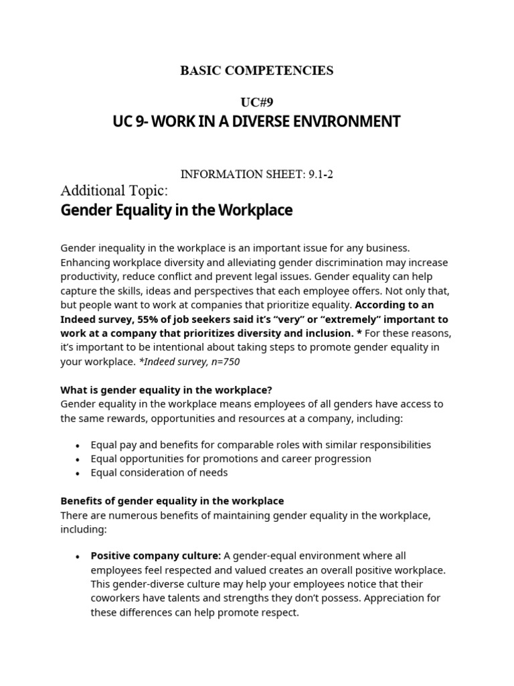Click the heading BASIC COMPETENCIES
[x=256, y=70]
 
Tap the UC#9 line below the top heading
[x=257, y=102]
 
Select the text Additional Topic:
[x=110, y=190]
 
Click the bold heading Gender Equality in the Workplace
[x=177, y=210]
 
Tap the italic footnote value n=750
[x=222, y=361]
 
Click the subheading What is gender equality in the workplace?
[x=166, y=390]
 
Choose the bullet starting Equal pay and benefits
[x=261, y=445]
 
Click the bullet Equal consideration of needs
[x=159, y=472]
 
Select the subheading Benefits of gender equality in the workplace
[x=172, y=500]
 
